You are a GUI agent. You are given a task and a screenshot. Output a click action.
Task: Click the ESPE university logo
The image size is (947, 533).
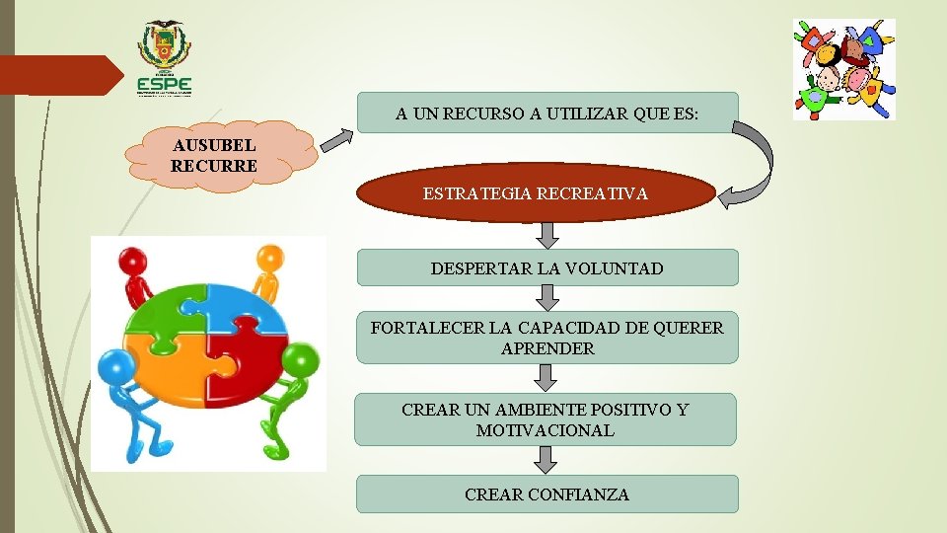(165, 59)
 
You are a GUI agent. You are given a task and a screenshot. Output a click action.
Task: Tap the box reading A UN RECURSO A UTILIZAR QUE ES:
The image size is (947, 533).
(546, 113)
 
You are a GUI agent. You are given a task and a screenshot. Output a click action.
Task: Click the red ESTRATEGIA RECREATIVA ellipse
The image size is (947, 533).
(536, 193)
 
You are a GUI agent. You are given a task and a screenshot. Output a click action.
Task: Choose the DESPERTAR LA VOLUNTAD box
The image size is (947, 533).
(546, 267)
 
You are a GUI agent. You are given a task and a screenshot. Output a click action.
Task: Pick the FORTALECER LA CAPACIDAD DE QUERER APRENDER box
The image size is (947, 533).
(546, 338)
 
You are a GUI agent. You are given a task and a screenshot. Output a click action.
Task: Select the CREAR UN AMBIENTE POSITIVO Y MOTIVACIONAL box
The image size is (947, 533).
(545, 419)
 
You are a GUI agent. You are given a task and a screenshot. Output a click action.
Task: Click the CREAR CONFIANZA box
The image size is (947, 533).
(546, 494)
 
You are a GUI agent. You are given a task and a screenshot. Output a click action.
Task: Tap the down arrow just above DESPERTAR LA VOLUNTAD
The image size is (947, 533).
(548, 234)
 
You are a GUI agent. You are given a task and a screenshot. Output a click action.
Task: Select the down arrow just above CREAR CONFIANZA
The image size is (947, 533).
(546, 459)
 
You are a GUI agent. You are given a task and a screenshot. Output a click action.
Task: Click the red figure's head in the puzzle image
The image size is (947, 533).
(134, 261)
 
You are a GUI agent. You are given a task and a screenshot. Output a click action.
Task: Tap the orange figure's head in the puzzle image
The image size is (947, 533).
(268, 259)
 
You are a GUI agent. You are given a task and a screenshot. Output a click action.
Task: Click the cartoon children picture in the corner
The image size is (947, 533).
(844, 69)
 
